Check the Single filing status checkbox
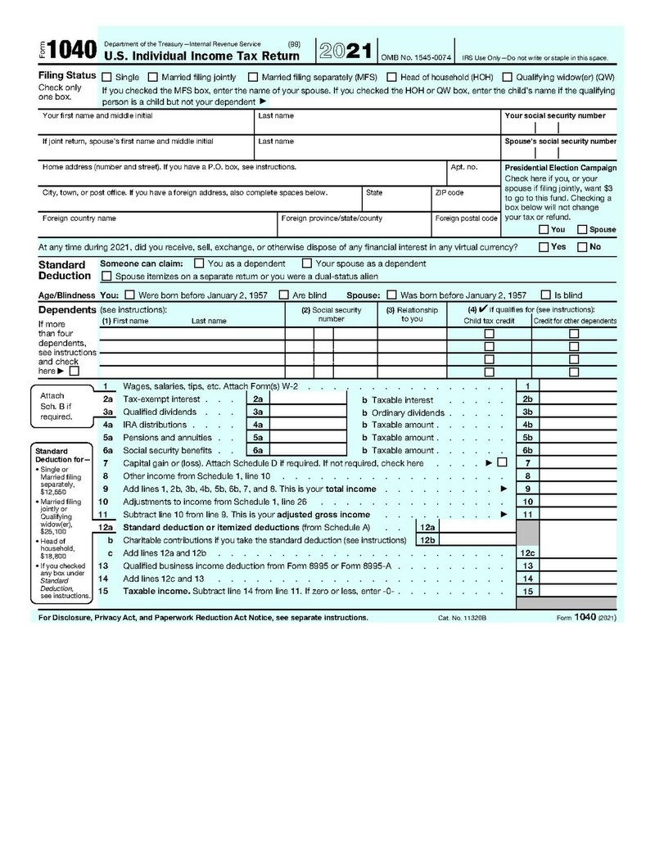tap(107, 77)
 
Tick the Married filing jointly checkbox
tap(153, 77)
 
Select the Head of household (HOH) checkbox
tap(392, 77)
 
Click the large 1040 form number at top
tap(71, 51)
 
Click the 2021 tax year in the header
tap(346, 51)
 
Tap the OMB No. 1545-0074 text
tap(416, 58)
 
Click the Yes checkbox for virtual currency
tap(544, 246)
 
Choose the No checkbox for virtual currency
tap(583, 246)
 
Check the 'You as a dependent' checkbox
tap(199, 264)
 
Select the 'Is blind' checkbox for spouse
tap(546, 295)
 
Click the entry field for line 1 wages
tap(580, 385)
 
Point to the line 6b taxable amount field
tap(580, 450)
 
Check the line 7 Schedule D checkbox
tap(502, 463)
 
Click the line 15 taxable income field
tap(580, 591)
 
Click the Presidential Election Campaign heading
tap(561, 167)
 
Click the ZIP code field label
tap(449, 193)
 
